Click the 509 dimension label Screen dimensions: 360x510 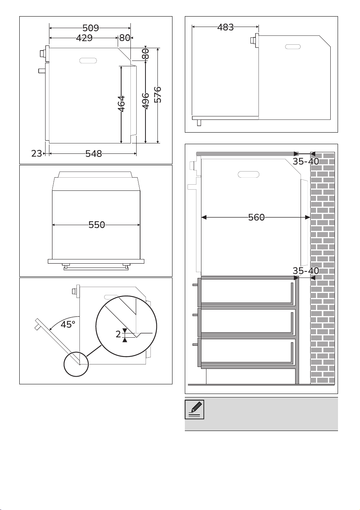91,28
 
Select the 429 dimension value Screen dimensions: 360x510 84,38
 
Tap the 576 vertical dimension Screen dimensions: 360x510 158,94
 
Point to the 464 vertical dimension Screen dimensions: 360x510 121,104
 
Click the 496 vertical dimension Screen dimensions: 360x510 145,101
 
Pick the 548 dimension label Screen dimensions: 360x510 94,154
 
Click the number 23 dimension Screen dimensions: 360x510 37,154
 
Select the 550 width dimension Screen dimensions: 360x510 96,225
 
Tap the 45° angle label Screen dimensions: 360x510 68,325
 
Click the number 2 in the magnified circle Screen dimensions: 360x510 118,334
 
